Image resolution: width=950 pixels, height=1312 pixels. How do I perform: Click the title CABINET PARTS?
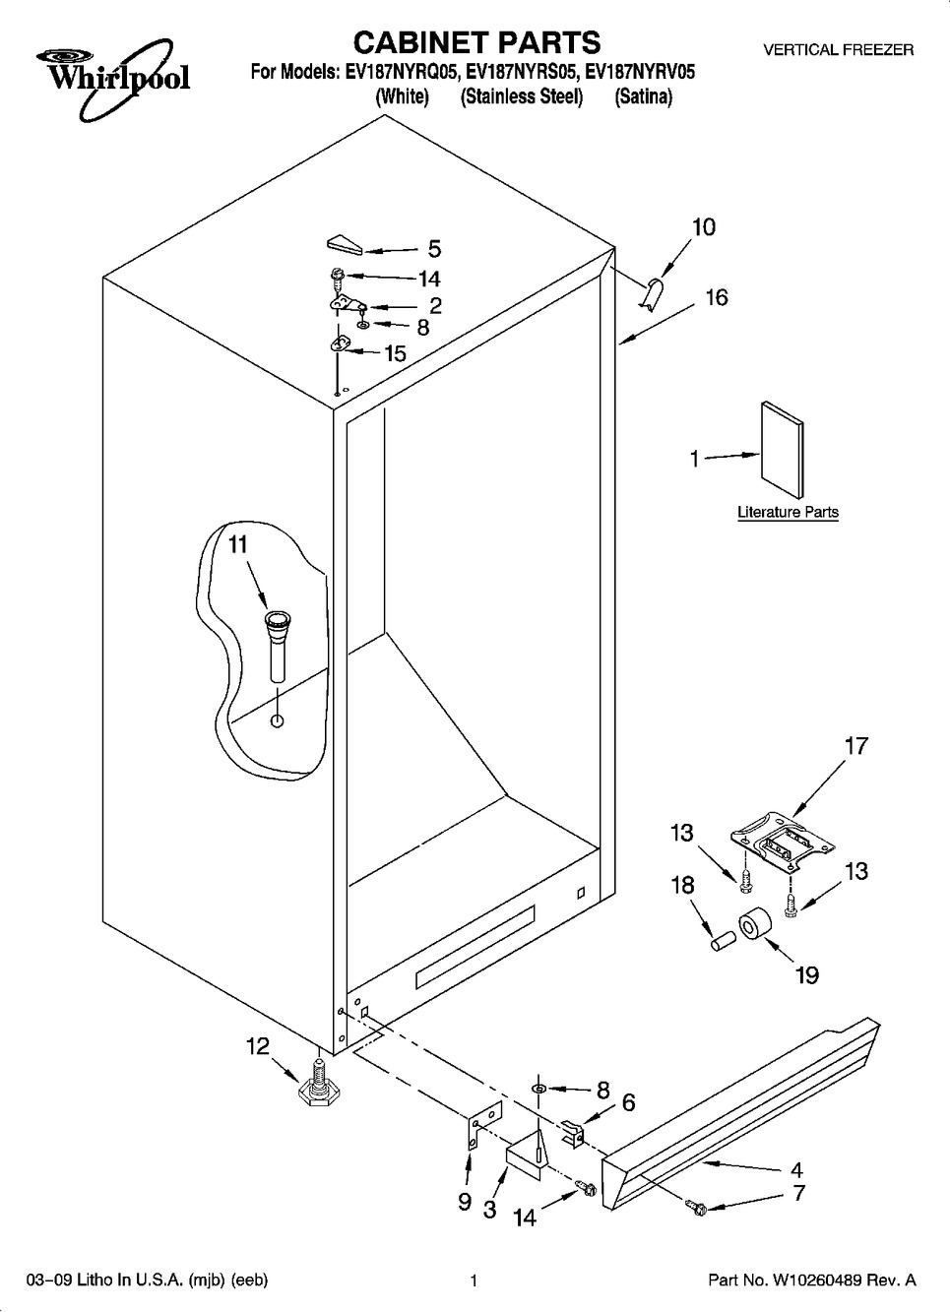point(476,42)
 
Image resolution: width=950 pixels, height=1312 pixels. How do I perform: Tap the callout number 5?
point(434,249)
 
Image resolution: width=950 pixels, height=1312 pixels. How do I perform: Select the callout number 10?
point(704,226)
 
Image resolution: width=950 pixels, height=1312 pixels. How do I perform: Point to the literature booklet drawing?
point(783,450)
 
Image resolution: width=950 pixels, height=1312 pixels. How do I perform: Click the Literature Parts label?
point(788,512)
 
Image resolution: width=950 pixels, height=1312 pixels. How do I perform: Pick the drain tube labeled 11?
point(278,645)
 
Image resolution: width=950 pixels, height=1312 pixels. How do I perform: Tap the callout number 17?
point(855,746)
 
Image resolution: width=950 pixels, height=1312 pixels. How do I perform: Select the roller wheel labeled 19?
point(754,925)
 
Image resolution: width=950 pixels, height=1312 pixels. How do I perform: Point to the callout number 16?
point(717,297)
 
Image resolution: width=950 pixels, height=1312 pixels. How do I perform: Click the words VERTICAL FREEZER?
point(838,50)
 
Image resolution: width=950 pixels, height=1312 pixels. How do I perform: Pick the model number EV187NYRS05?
point(523,72)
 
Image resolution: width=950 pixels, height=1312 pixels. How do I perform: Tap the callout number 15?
point(395,353)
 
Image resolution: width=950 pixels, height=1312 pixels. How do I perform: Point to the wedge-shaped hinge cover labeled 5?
point(346,245)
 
